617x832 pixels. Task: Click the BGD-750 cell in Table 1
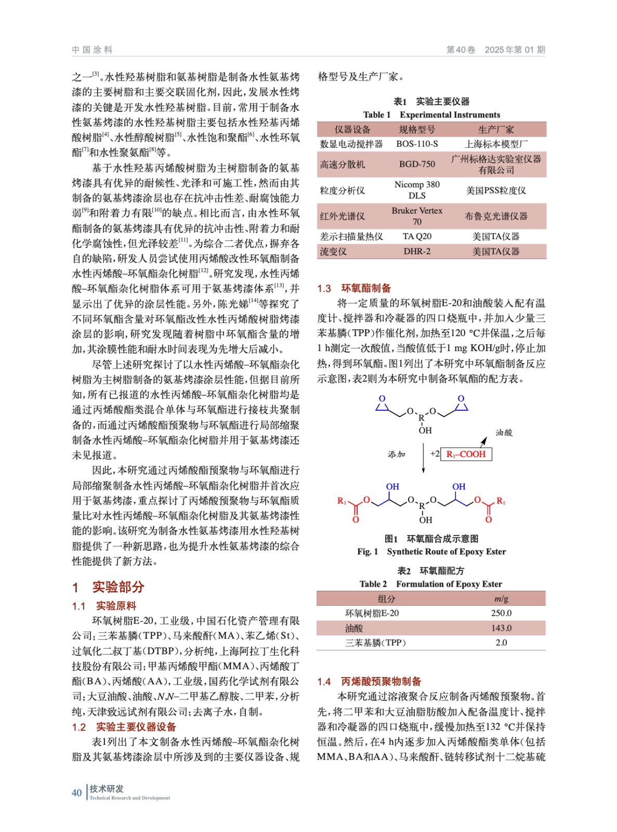click(x=417, y=164)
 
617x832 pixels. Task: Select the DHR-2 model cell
click(x=417, y=252)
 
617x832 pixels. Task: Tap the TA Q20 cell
click(x=417, y=237)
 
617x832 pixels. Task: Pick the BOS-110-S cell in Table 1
click(x=417, y=144)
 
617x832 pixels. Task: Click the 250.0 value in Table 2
click(x=501, y=613)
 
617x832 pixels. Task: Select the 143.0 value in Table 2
click(x=501, y=628)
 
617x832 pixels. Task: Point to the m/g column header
click(x=501, y=599)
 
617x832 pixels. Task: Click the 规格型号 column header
click(x=417, y=129)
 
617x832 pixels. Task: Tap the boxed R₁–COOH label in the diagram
click(x=466, y=454)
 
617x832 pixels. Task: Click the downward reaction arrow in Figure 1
click(x=424, y=458)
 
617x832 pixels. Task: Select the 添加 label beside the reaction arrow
click(x=396, y=454)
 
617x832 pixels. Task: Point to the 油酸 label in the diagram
click(x=504, y=433)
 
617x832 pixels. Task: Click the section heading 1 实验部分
click(x=108, y=587)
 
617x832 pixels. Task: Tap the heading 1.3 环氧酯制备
click(x=354, y=288)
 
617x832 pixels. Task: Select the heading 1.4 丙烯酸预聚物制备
click(x=369, y=681)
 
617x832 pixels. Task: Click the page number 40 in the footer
click(x=77, y=792)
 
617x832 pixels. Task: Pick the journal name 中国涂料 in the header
click(x=93, y=50)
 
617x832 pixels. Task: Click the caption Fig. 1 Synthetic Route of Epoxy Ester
click(x=431, y=552)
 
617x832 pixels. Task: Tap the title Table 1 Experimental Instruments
click(x=431, y=115)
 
